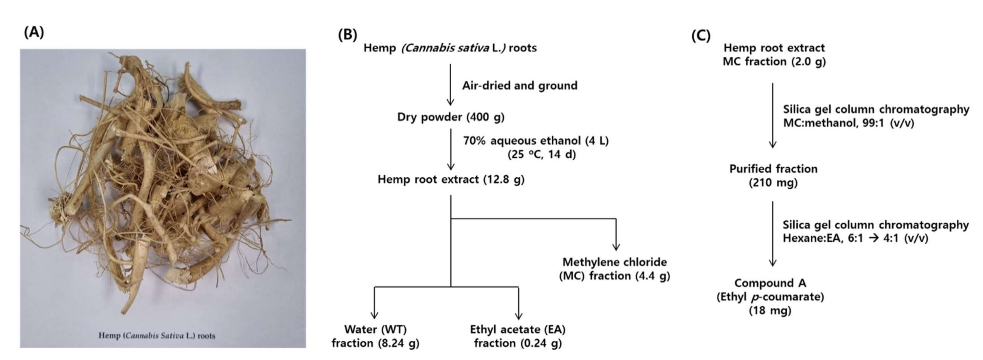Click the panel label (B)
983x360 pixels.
348,35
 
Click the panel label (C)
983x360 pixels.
701,36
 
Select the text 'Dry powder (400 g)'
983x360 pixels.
451,117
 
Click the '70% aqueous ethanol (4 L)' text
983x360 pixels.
536,141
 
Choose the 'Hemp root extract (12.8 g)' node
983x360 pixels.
451,179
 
